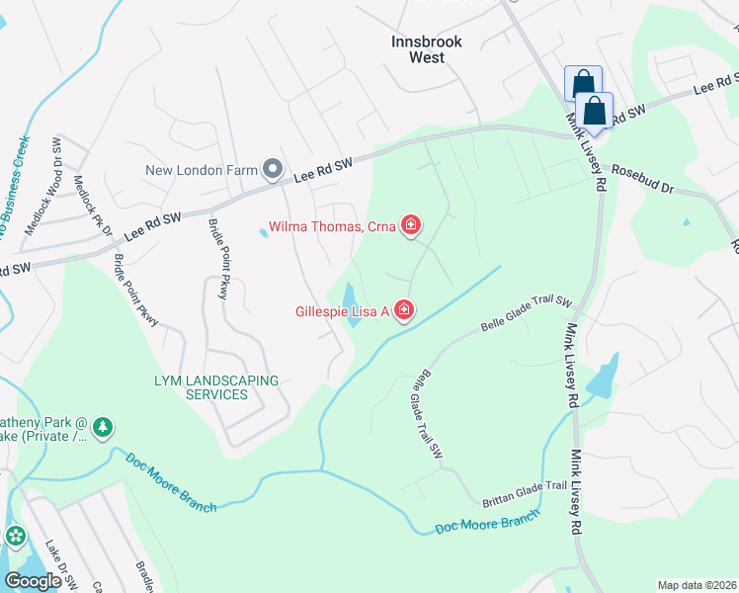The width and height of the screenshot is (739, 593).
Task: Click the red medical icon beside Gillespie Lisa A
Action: click(x=403, y=311)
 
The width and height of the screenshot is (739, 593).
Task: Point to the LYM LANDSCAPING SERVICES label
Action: click(x=202, y=387)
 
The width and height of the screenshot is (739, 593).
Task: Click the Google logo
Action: click(x=34, y=580)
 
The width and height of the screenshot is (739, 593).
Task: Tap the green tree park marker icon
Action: click(x=103, y=428)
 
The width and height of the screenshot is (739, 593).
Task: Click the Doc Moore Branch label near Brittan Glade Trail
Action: click(x=488, y=523)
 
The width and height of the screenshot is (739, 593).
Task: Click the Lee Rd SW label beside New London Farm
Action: click(x=324, y=170)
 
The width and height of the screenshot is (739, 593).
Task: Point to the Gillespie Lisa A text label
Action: click(x=342, y=311)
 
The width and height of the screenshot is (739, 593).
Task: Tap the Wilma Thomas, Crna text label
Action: click(x=332, y=226)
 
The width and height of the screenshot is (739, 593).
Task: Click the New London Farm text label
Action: click(x=201, y=170)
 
